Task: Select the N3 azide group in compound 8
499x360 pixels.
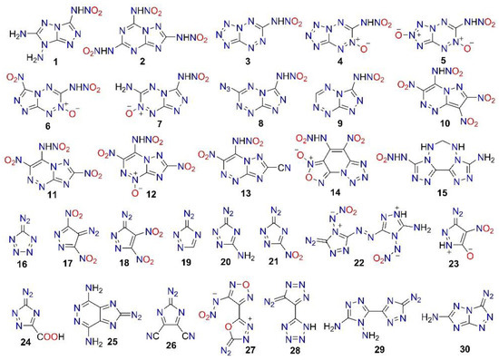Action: point(223,92)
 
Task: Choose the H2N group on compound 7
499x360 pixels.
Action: point(131,91)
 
